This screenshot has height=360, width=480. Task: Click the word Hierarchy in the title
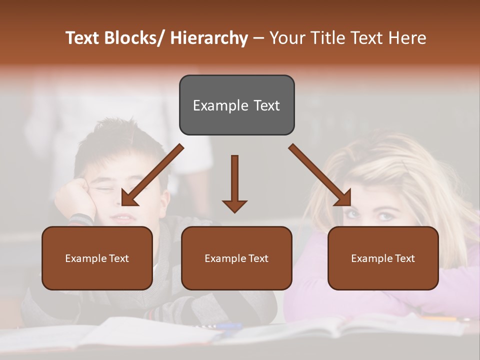209,38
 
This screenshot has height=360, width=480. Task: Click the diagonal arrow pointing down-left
152,175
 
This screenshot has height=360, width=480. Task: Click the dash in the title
258,38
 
